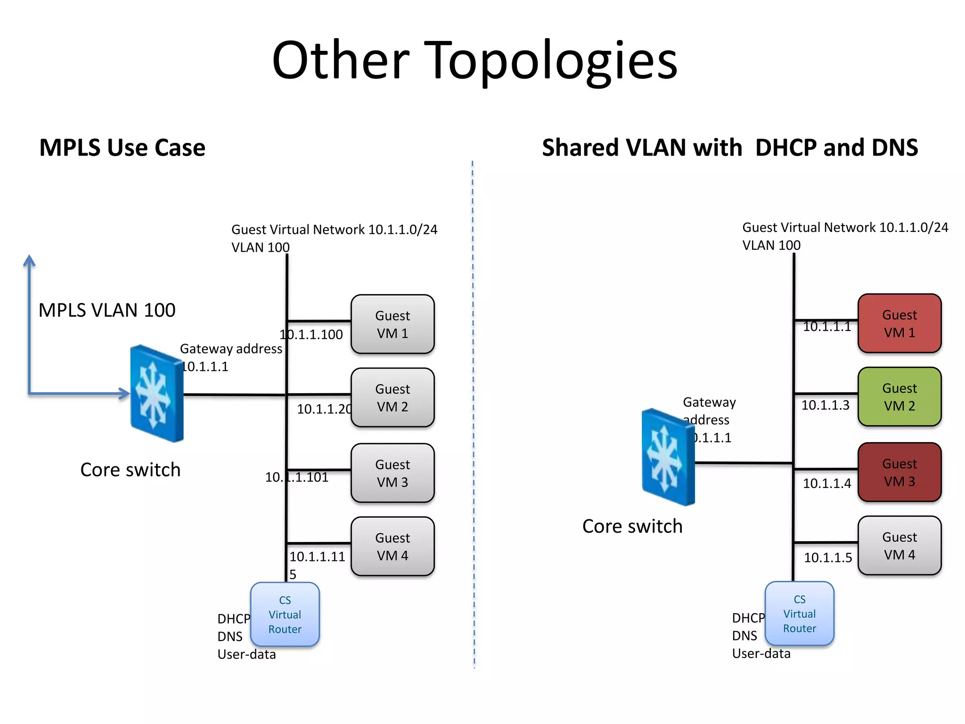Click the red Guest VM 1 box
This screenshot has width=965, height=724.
pos(899,323)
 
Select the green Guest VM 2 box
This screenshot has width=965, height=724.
pos(899,397)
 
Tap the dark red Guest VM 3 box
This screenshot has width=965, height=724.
pos(899,472)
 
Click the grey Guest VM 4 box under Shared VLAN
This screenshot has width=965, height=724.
pos(899,546)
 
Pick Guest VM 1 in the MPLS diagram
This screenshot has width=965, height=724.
pos(393,324)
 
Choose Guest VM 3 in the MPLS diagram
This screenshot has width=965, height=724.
pos(393,473)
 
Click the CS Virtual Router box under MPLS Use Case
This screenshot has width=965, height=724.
pos(285,615)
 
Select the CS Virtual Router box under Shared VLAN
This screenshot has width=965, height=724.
pos(799,614)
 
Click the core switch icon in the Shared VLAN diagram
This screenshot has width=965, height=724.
pos(668,457)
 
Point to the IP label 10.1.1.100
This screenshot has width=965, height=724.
pos(311,335)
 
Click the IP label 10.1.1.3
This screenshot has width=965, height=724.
pos(825,405)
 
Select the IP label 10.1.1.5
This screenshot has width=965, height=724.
pos(827,558)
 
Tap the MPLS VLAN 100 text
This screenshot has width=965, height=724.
pos(107,310)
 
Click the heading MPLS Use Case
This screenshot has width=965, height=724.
pos(122,148)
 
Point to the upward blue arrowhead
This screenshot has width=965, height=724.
pos(29,260)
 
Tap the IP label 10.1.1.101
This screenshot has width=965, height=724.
pos(296,477)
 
